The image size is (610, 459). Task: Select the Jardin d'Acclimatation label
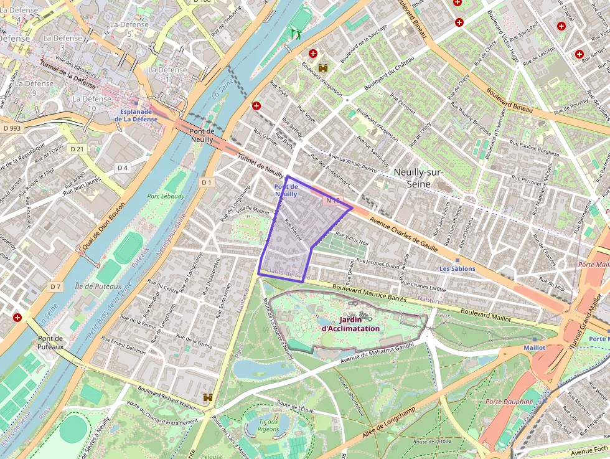pos(350,324)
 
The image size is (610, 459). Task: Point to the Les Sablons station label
pos(457,268)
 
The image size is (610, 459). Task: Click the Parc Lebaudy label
pos(166,196)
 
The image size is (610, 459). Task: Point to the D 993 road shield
pos(12,128)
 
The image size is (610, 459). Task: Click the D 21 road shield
pos(77,149)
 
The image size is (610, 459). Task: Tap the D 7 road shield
pos(56,286)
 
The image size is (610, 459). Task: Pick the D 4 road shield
pos(122,168)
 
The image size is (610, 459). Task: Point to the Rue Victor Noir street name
pos(352,238)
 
